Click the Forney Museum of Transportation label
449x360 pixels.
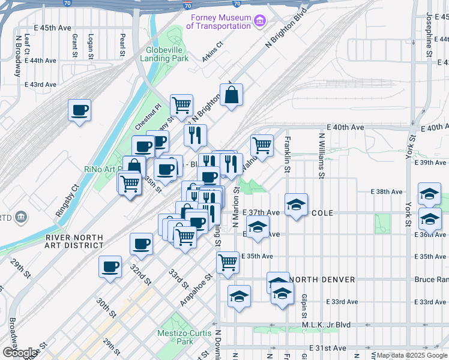[x=218, y=22]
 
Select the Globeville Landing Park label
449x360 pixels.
[x=164, y=55]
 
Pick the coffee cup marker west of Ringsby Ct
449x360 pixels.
[x=79, y=110]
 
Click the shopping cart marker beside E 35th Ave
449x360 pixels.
[x=228, y=262]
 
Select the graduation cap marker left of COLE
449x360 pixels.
[x=296, y=205]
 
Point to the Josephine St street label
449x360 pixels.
[x=429, y=36]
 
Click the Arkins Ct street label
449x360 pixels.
[x=212, y=51]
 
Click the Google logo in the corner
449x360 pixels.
[x=20, y=352]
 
